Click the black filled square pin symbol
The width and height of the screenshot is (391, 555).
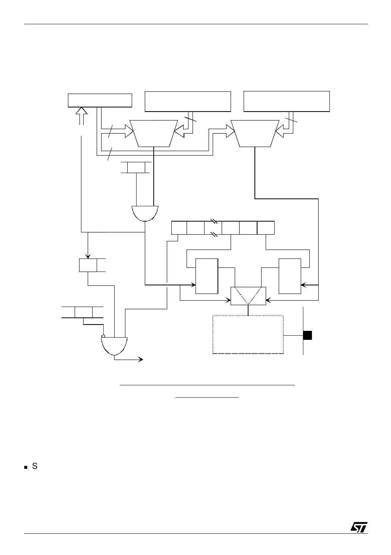[307, 335]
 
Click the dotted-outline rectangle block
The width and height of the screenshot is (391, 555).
[248, 334]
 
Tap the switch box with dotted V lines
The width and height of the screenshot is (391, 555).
[248, 296]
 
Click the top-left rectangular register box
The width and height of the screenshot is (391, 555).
[100, 100]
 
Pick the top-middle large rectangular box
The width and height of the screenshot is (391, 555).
[188, 101]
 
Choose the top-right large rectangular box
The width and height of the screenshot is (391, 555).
[287, 101]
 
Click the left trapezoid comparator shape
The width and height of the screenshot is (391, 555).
[154, 133]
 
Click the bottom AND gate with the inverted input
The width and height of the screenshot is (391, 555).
[114, 345]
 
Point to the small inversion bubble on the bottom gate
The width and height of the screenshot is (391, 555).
[103, 336]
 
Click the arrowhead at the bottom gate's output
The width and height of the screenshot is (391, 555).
[141, 359]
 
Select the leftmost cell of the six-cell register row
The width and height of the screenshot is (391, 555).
[178, 228]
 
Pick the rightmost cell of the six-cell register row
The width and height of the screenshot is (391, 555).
[266, 228]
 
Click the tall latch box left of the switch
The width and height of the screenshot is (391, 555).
[207, 276]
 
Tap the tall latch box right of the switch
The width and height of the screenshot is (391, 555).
[290, 276]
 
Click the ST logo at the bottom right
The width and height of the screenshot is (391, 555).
[359, 527]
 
